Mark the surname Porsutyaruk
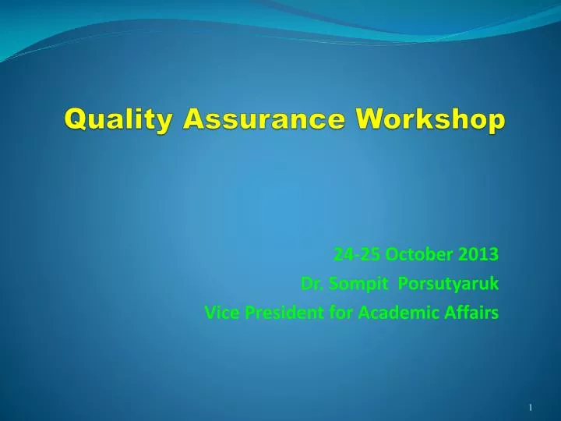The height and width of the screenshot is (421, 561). pyautogui.click(x=448, y=284)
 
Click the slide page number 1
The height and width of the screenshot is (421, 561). pyautogui.click(x=530, y=408)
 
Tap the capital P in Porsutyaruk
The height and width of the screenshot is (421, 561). pyautogui.click(x=402, y=284)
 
